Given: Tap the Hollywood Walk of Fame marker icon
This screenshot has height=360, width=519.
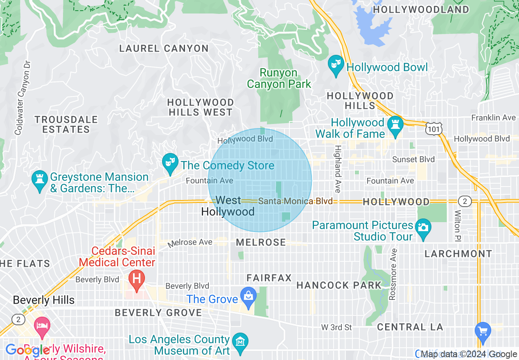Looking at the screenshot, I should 395,127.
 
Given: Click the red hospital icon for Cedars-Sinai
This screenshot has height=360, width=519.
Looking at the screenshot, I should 137,279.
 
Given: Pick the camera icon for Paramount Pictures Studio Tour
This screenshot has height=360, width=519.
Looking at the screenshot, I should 423,226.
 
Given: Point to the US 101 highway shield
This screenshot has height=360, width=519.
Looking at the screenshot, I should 433,129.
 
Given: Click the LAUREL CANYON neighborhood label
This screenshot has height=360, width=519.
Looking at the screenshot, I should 164,49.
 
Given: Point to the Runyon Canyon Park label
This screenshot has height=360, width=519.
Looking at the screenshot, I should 279,79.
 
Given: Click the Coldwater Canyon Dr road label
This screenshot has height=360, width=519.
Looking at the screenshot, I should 23,98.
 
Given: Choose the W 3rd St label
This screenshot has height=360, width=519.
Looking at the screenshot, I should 336,327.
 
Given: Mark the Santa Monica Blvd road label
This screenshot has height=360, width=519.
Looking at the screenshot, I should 295,201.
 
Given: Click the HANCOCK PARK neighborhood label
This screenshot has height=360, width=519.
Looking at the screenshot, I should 339,285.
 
